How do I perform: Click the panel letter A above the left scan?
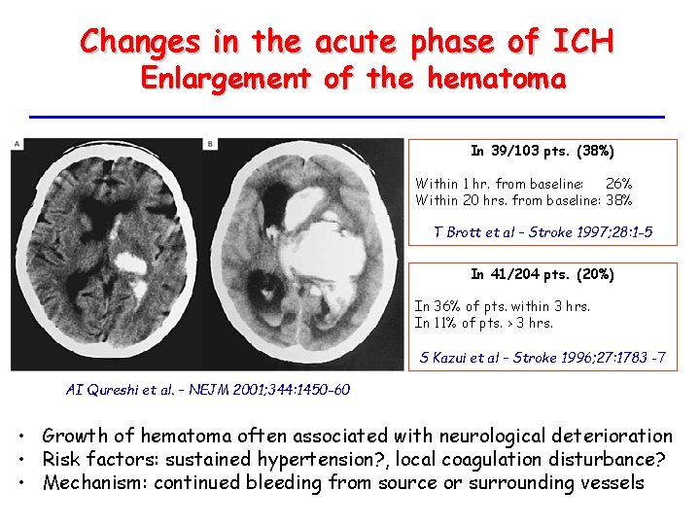[x=17, y=144]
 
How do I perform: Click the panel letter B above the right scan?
[x=211, y=144]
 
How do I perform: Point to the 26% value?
[x=618, y=183]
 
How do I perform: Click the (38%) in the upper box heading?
[x=595, y=152]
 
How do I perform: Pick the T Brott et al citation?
[x=542, y=232]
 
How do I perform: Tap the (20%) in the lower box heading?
[x=595, y=275]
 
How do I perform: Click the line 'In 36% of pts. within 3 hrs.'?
[x=502, y=306]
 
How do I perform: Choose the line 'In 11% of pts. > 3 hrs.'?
[x=483, y=323]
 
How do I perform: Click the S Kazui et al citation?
[x=542, y=357]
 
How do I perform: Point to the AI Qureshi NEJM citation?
[x=207, y=390]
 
